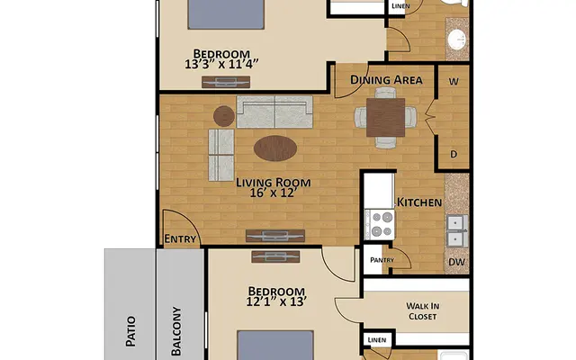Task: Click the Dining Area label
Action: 386,80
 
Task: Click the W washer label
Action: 454,80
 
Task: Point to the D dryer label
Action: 454,154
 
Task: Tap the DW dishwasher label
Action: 456,263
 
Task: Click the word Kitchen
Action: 419,202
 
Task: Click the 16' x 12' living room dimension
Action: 266,192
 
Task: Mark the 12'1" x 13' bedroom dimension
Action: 274,303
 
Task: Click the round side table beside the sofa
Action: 224,114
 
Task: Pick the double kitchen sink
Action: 456,229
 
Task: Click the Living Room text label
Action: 267,179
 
